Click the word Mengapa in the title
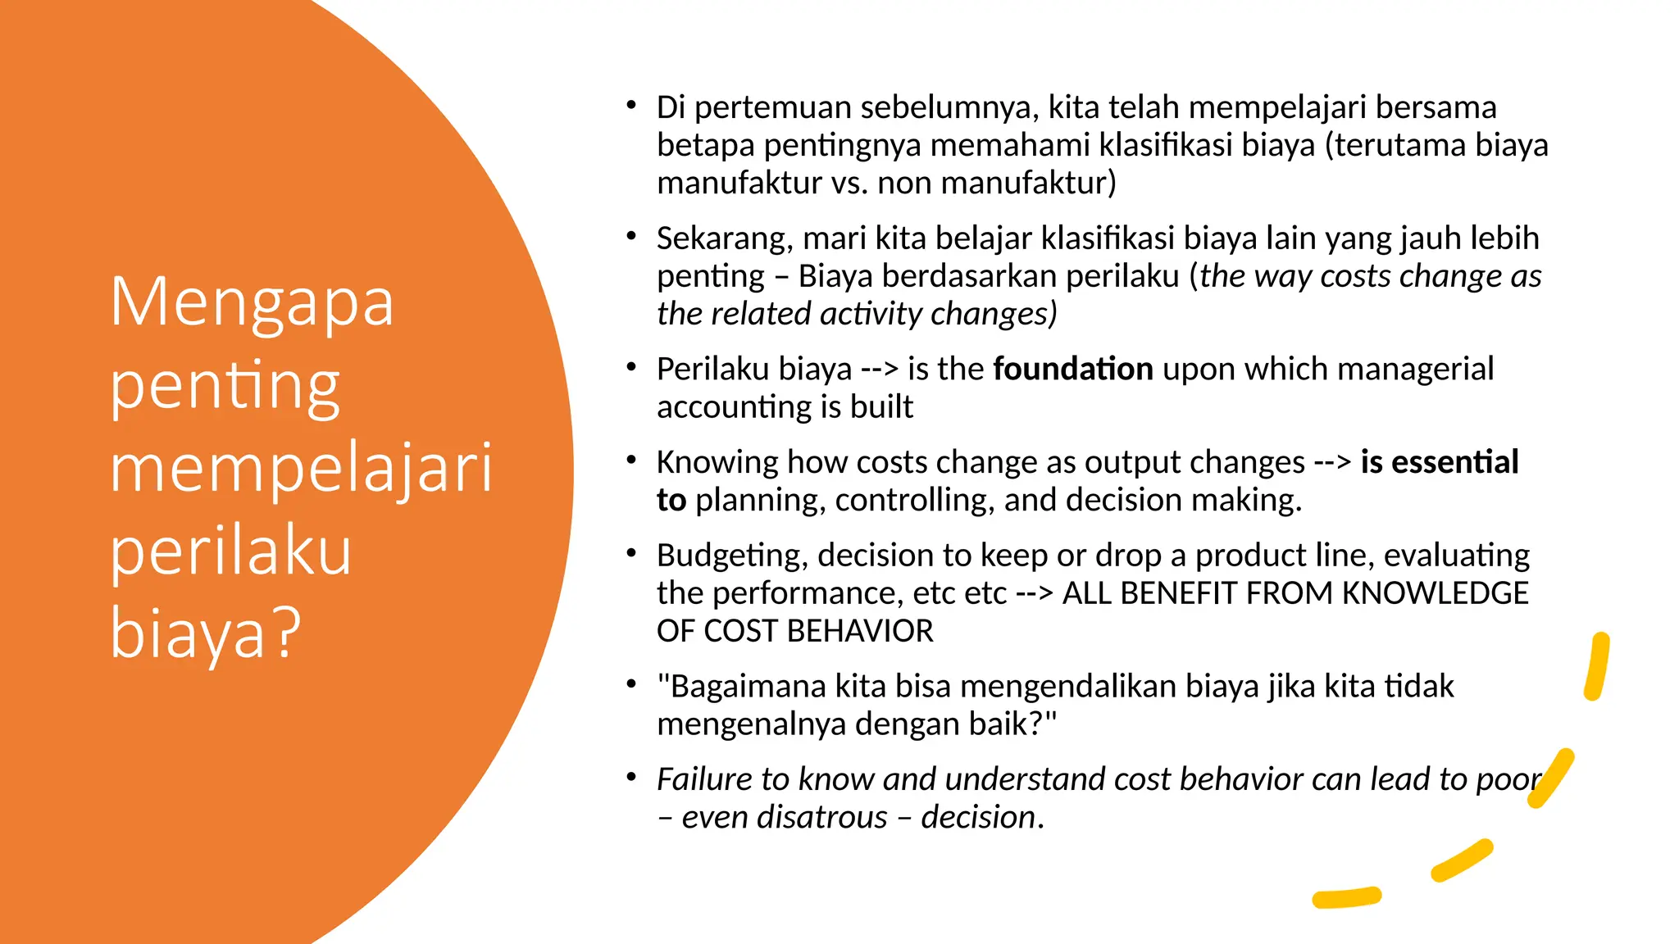click(252, 304)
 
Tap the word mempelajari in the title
click(301, 470)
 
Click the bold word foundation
click(1073, 370)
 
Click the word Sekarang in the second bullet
click(724, 239)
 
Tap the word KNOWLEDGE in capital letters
click(1435, 593)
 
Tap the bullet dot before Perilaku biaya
click(630, 367)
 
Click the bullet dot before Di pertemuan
click(630, 105)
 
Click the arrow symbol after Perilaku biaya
click(880, 370)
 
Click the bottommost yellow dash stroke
click(1346, 898)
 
